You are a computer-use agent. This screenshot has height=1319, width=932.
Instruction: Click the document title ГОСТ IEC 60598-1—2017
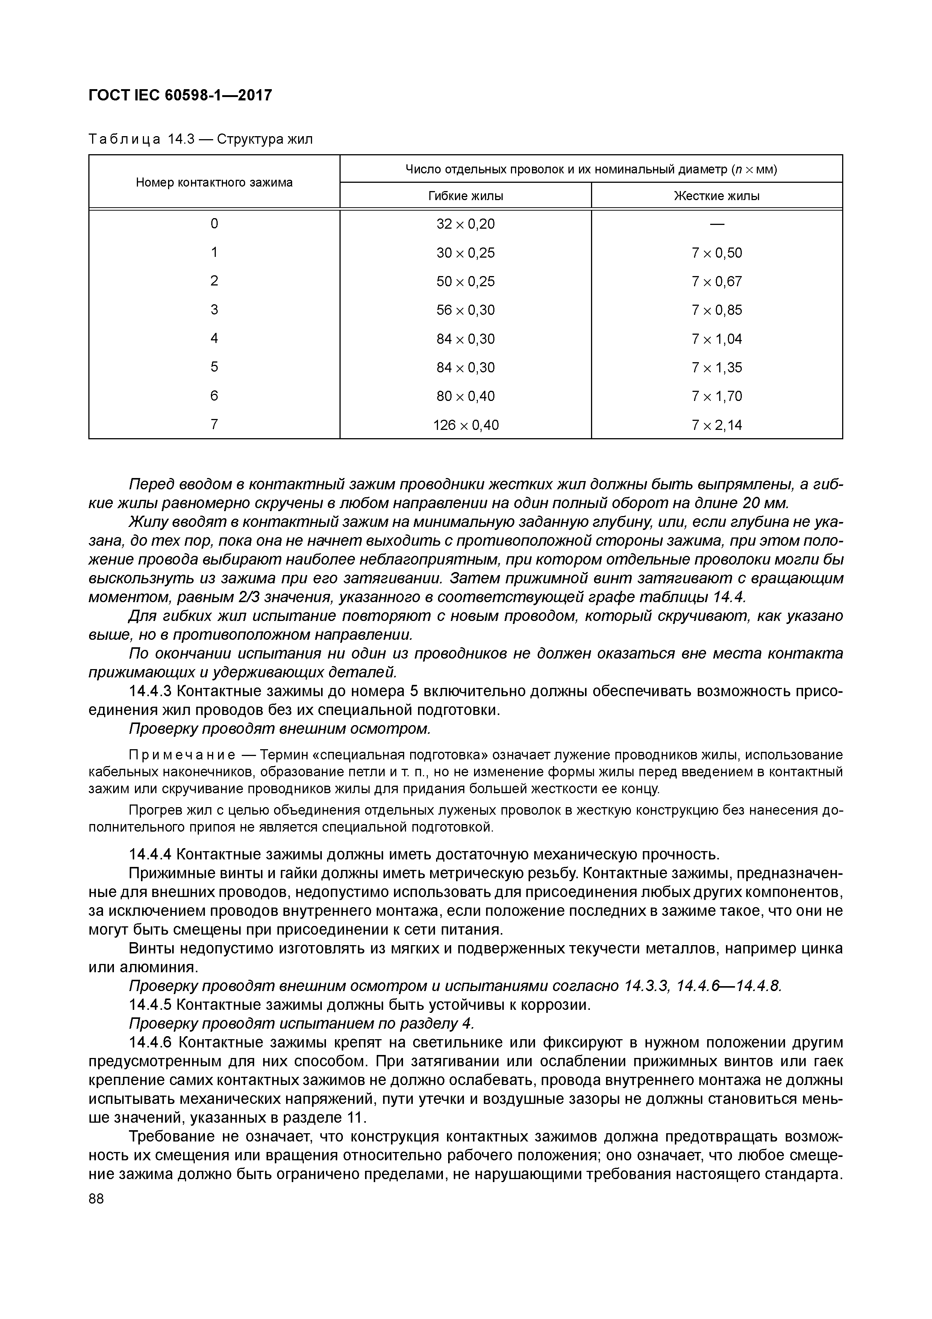click(180, 96)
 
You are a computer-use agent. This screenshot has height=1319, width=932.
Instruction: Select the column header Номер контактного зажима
click(214, 183)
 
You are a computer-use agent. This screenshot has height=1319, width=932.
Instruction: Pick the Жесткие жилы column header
click(716, 196)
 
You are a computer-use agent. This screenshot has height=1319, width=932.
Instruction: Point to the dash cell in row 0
click(717, 224)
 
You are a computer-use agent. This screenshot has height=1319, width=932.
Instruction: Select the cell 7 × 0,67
click(717, 281)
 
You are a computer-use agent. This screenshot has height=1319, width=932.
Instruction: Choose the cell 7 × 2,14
click(717, 425)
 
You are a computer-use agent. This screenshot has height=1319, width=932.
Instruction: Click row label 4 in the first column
click(214, 338)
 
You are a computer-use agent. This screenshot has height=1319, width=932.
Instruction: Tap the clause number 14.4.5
click(150, 1005)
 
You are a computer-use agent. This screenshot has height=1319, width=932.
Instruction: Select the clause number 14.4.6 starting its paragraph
click(150, 1043)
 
